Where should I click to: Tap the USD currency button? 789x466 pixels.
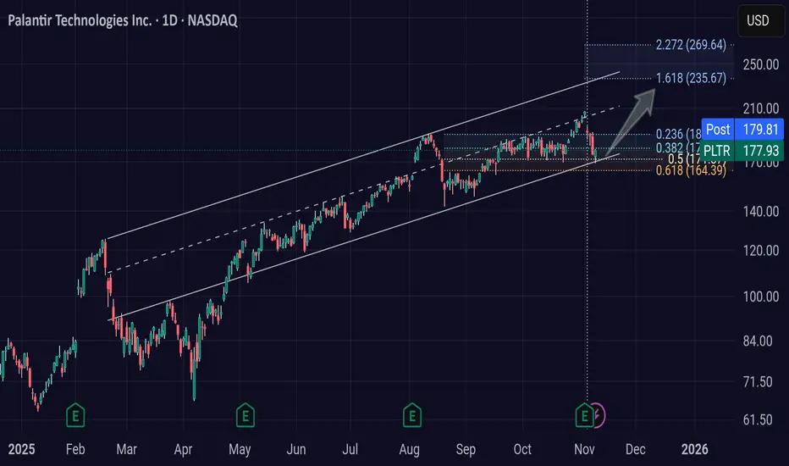[758, 20]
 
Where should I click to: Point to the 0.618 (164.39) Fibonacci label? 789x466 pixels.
[691, 170]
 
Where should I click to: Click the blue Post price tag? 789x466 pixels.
[718, 130]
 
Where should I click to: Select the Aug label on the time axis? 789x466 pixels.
[410, 448]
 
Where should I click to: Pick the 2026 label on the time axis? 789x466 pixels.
[695, 448]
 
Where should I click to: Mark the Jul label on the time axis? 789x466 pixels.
[352, 448]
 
